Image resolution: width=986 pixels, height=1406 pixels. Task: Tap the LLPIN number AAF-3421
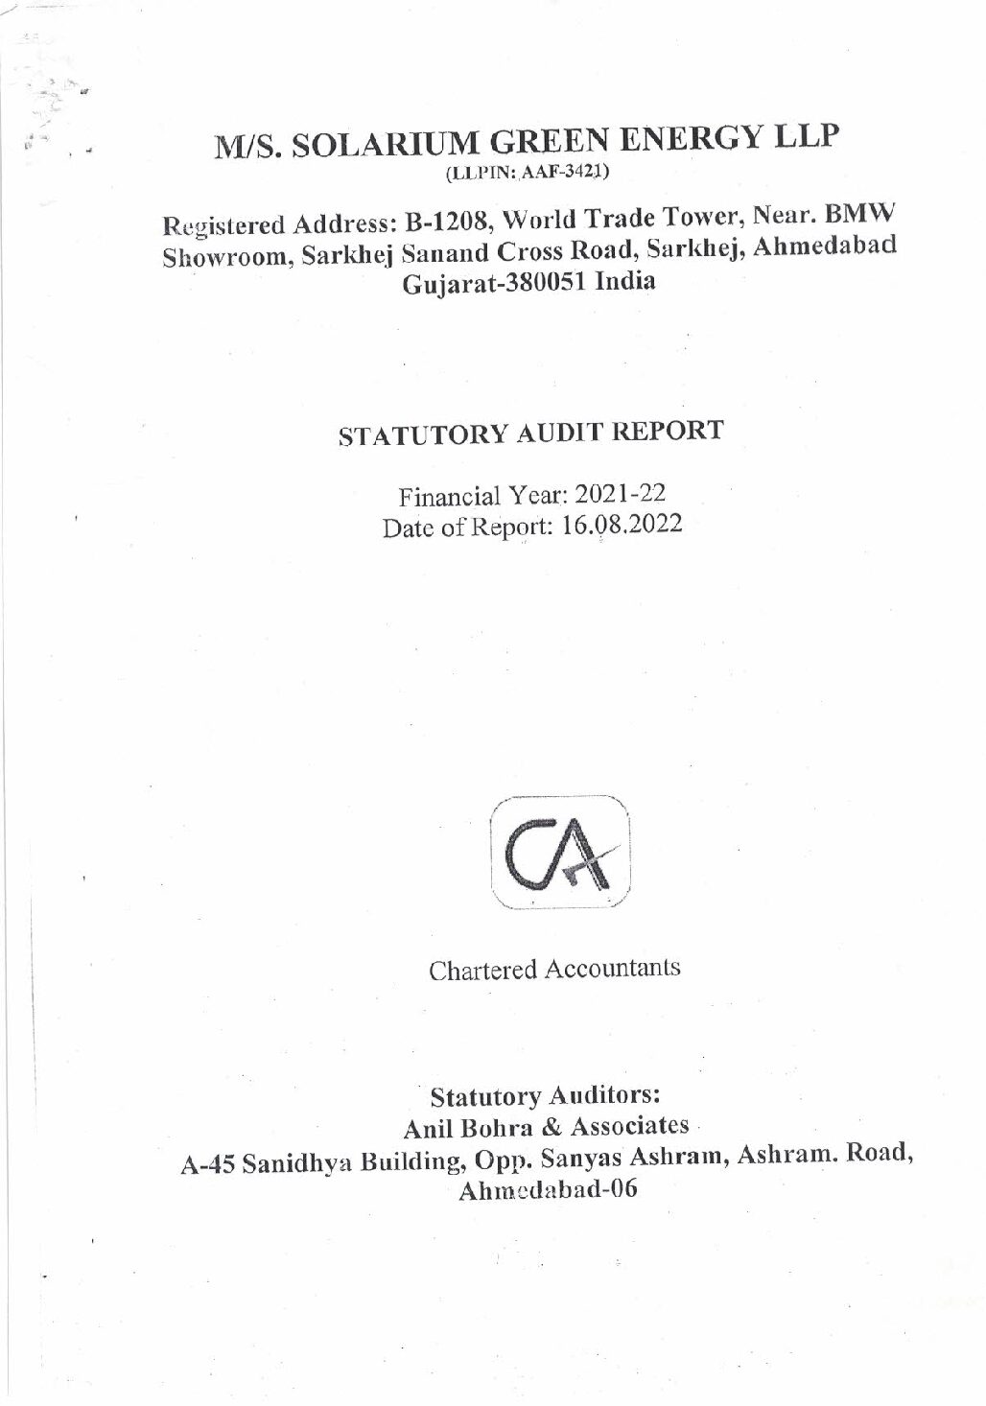point(567,174)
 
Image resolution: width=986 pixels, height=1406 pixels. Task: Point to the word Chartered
point(483,970)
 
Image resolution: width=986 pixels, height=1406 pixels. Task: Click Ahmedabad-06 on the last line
point(550,1192)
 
